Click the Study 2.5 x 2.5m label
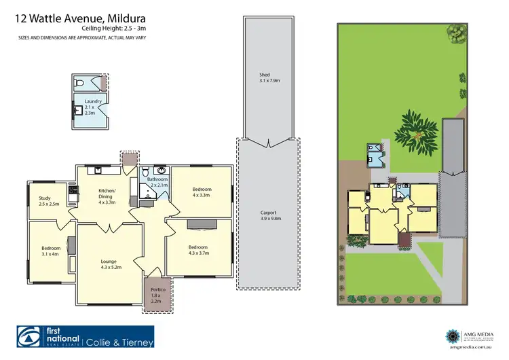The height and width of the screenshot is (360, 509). coord(48,200)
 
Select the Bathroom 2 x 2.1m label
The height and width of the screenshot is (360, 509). coord(158,182)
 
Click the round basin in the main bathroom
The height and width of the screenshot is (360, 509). coord(162,170)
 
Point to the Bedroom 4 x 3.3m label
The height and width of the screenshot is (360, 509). coord(202,192)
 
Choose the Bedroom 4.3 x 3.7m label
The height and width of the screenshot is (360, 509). coord(198,250)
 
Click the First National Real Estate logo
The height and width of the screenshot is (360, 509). coord(49,338)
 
